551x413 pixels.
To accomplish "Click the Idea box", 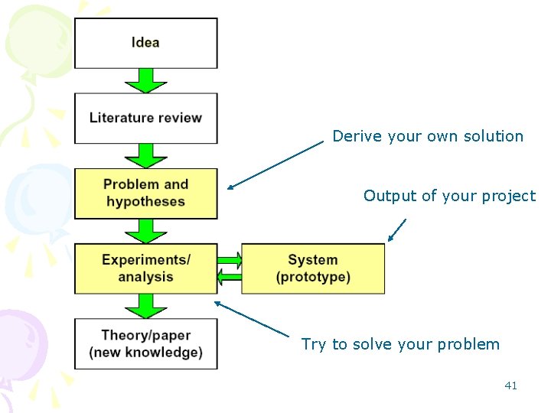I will [145, 43].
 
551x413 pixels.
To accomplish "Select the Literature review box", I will [145, 118].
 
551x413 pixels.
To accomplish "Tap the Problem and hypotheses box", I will [145, 193].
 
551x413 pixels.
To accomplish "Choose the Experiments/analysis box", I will [145, 268].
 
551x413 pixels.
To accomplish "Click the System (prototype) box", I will [313, 268].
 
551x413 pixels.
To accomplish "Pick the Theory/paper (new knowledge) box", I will [145, 343].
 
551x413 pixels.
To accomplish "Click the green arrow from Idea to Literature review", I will [145, 80].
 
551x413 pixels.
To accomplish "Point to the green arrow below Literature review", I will [145, 155].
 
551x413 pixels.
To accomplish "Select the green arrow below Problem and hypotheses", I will [145, 231].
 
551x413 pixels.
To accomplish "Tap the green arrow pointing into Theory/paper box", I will [145, 306].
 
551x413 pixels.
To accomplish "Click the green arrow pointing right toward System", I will [230, 259].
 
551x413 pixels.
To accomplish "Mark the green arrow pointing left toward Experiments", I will [229, 277].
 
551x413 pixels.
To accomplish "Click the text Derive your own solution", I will [428, 137].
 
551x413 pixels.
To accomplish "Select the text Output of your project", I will [449, 196].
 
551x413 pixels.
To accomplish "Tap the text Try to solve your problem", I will [400, 344].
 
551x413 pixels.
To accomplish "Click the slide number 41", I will [510, 385].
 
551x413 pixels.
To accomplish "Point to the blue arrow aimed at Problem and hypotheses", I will [275, 164].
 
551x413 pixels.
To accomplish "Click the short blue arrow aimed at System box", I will [396, 230].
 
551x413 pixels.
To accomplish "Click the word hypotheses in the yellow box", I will [145, 202].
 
